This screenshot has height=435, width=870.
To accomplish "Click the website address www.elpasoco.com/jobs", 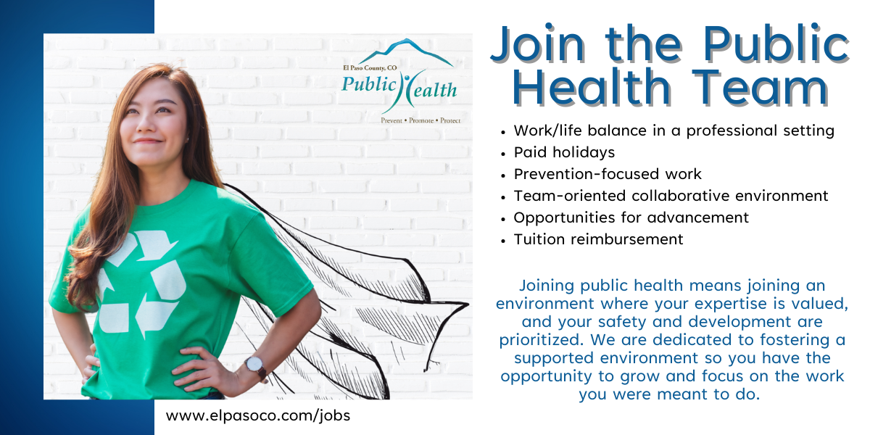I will click(258, 416).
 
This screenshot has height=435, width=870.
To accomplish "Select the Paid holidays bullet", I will click(564, 152).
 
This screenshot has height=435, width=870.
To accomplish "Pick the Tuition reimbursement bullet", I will click(598, 239).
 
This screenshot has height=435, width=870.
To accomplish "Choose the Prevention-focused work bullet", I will click(608, 174).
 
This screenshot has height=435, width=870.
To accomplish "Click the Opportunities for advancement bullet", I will click(631, 217).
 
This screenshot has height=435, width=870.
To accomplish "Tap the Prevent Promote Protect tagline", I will click(420, 120).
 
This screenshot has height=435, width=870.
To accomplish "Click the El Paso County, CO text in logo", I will click(370, 67).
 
